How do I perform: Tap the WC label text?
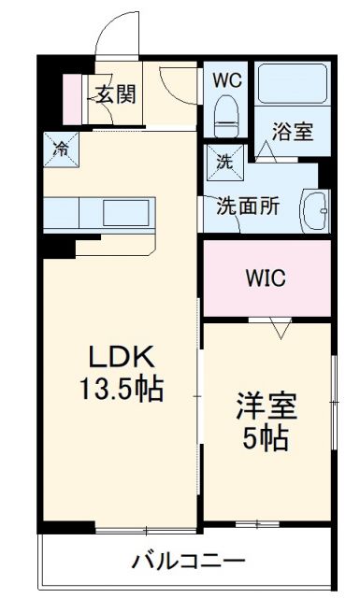click(x=226, y=80)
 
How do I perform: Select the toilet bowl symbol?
click(x=225, y=116)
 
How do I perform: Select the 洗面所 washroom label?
click(x=248, y=206)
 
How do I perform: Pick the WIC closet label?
click(x=267, y=278)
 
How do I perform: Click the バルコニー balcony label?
click(x=187, y=561)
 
